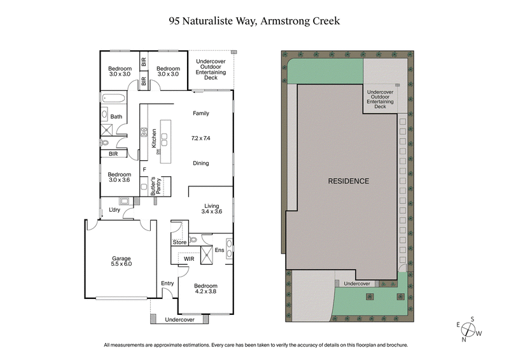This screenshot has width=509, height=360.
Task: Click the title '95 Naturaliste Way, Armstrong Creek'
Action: tap(254, 21)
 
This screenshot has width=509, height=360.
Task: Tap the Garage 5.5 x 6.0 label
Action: tap(121, 262)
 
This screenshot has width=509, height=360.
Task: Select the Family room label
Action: tap(201, 113)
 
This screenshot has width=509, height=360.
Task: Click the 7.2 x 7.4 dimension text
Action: tap(201, 138)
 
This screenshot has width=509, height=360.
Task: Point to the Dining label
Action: tap(201, 163)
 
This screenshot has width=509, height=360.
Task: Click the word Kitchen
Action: tap(154, 139)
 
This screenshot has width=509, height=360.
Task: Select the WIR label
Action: tap(189, 260)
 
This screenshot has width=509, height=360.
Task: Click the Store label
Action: tap(180, 242)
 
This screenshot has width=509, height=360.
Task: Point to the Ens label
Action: tap(220, 249)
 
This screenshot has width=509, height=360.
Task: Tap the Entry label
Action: tap(167, 284)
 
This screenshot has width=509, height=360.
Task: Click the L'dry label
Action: tap(115, 210)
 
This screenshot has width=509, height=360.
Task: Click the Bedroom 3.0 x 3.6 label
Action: tap(119, 178)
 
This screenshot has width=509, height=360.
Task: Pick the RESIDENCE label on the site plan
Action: tap(348, 181)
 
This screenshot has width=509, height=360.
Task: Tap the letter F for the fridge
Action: tap(144, 170)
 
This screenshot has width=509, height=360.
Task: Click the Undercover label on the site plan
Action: tap(356, 284)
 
